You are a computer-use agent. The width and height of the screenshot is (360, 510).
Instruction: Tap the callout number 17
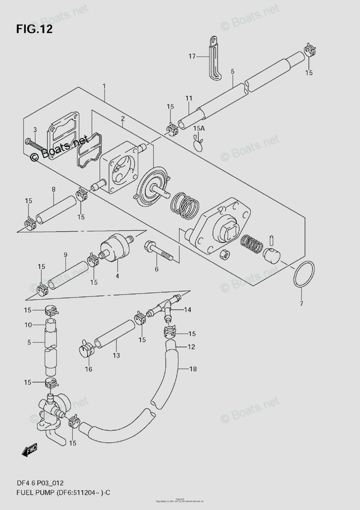[x=192, y=56]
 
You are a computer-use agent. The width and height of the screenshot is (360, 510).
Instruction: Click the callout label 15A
[x=198, y=128]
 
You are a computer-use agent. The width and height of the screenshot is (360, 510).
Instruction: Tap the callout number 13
[x=116, y=355]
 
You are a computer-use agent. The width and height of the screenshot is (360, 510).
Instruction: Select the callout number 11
[x=189, y=99]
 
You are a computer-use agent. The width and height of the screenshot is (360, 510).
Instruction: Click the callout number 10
[x=28, y=325]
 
